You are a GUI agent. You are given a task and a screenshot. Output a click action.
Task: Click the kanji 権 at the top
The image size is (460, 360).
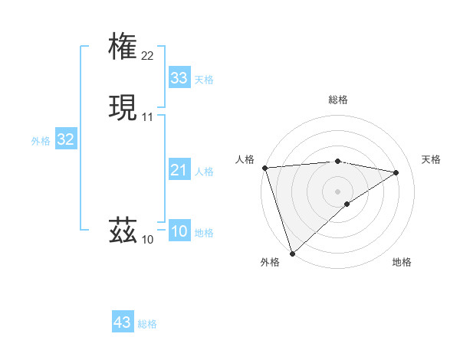(x=123, y=45)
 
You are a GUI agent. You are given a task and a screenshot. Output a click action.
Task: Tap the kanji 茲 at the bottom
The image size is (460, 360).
(x=123, y=230)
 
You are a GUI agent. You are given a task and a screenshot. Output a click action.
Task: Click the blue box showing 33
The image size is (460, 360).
(x=179, y=78)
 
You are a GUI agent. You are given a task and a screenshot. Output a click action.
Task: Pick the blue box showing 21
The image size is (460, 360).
(x=179, y=170)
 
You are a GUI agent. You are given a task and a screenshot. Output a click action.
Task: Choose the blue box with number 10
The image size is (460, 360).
(x=179, y=231)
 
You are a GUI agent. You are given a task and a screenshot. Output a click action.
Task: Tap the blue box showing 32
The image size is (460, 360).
(x=65, y=139)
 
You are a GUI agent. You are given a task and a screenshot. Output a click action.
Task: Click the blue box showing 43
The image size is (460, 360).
(x=123, y=322)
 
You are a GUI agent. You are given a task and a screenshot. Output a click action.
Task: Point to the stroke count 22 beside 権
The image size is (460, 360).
(x=148, y=55)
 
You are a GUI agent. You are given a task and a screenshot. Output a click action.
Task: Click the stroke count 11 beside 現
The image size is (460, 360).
(x=148, y=117)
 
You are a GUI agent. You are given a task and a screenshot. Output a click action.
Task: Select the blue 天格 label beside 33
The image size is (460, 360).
(x=204, y=80)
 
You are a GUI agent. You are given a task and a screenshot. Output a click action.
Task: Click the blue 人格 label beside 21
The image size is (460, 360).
(x=204, y=172)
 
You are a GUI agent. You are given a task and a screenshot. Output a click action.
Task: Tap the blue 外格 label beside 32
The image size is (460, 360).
(x=41, y=141)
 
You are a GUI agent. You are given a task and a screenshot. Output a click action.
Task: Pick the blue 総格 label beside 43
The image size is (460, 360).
(x=147, y=324)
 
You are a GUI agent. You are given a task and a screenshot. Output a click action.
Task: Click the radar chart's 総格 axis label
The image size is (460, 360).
(x=338, y=100)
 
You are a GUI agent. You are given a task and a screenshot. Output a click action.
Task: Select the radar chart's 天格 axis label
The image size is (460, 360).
(x=432, y=159)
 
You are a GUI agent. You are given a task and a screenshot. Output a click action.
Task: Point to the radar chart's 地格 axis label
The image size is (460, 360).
(x=402, y=262)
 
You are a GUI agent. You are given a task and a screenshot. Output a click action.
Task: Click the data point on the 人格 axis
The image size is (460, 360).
(x=264, y=167)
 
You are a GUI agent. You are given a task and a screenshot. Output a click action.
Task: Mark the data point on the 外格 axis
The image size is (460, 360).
(x=292, y=253)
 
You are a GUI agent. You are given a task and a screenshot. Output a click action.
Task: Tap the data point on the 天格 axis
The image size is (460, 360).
(x=396, y=172)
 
